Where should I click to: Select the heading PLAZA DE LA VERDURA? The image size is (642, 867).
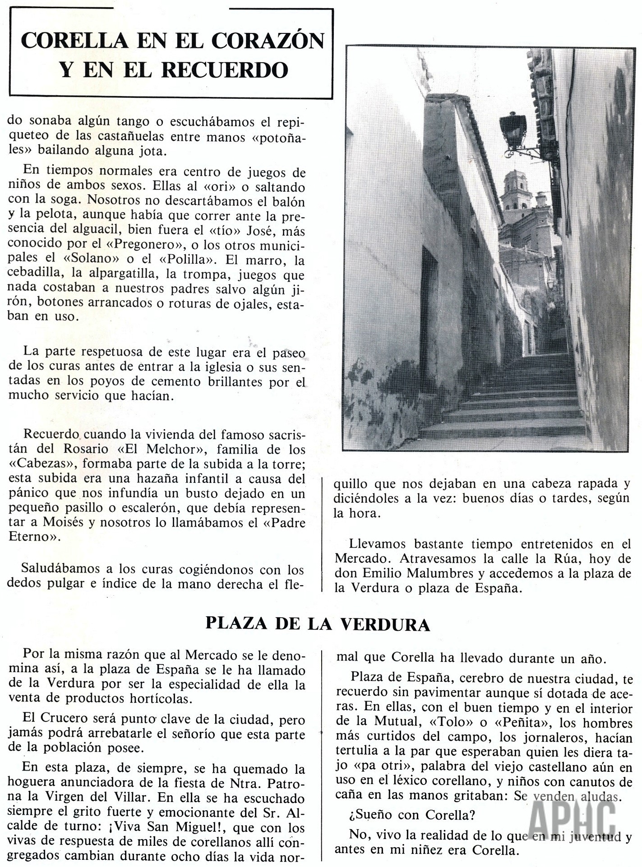pyautogui.click(x=318, y=624)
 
